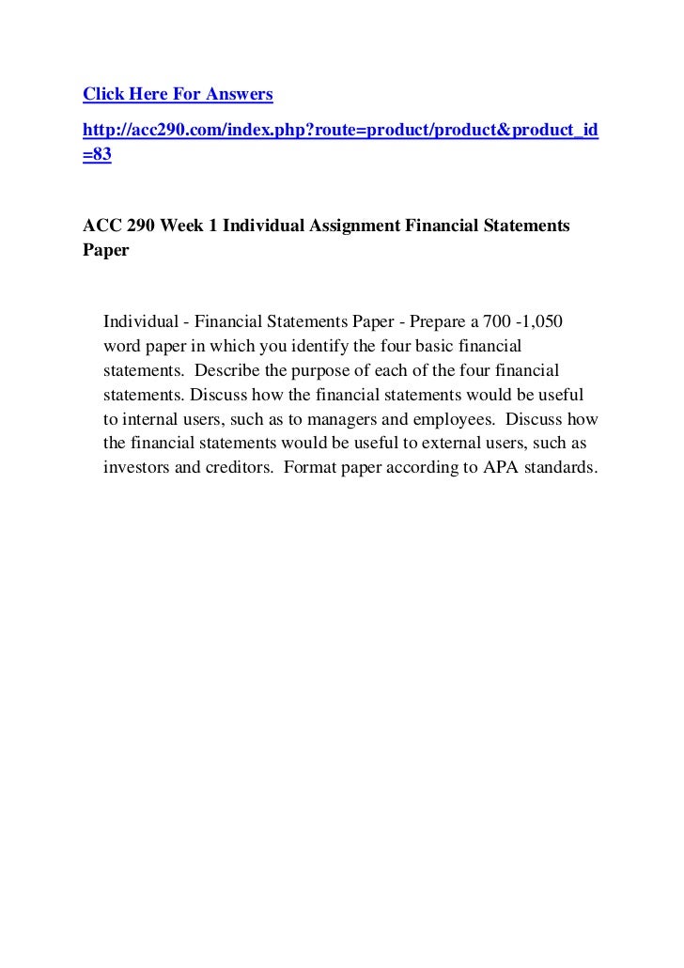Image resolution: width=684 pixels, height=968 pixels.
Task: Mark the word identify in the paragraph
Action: pyautogui.click(x=319, y=347)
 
